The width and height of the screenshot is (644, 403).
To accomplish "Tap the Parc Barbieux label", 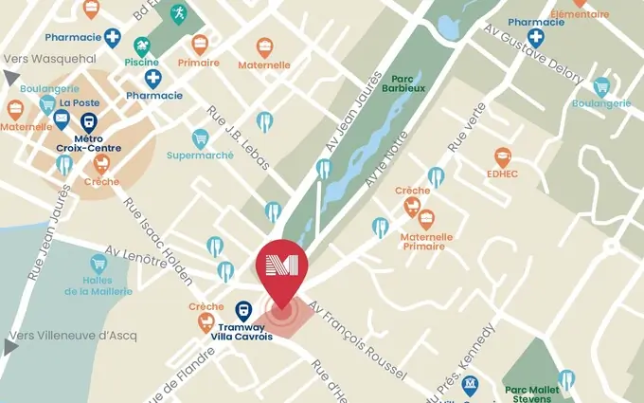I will click(403, 84).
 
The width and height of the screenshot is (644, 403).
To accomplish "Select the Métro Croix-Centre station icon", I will click(89, 122).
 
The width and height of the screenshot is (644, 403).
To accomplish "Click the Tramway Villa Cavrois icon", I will click(243, 310).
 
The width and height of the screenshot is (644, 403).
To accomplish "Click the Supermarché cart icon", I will click(200, 138).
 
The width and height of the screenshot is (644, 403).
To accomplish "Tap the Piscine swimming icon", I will click(142, 45).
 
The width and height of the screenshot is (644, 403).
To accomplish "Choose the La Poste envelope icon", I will click(62, 119).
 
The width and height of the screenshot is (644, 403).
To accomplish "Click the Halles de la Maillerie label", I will click(98, 284).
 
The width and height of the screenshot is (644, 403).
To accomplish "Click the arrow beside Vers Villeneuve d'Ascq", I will click(9, 347).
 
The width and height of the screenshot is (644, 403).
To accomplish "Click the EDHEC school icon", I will click(502, 156).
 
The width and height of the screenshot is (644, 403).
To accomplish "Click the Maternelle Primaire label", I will click(427, 241).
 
